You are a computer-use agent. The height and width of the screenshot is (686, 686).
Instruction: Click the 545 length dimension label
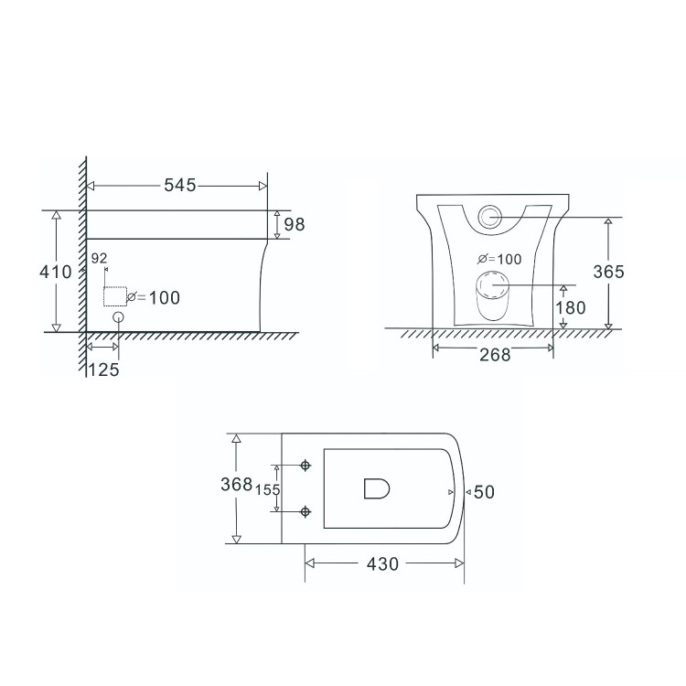tap(180, 186)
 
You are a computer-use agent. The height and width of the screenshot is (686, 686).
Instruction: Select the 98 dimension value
tap(294, 224)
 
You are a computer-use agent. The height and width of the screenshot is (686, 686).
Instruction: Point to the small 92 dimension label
tap(100, 259)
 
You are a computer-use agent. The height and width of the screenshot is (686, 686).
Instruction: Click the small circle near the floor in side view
tap(118, 317)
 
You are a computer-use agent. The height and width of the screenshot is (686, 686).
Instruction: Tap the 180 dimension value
tap(571, 307)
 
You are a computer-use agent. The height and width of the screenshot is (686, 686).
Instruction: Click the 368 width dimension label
tap(236, 486)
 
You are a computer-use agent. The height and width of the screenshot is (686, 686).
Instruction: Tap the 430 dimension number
tap(381, 564)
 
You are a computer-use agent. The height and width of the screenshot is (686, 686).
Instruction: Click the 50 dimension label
tap(485, 492)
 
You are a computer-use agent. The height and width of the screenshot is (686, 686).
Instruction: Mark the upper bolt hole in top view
tap(305, 466)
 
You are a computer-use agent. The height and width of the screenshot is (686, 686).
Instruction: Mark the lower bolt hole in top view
tap(305, 511)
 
